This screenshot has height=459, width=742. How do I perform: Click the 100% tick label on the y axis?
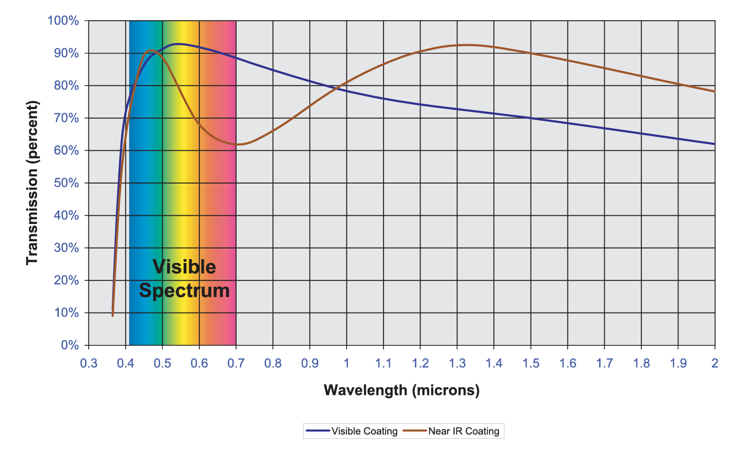pyautogui.click(x=63, y=21)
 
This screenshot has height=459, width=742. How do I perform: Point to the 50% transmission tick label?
pyautogui.click(x=66, y=183)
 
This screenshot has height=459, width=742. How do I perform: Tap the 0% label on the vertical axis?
pyautogui.click(x=69, y=345)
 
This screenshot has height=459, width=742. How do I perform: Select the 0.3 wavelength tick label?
pyautogui.click(x=89, y=363)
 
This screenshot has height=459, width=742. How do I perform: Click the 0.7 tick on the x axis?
pyautogui.click(x=236, y=363)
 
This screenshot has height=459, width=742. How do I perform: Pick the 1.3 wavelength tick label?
pyautogui.click(x=457, y=363)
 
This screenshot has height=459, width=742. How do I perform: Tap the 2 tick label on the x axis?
pyautogui.click(x=715, y=363)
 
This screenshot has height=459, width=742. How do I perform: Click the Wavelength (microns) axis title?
pyautogui.click(x=401, y=390)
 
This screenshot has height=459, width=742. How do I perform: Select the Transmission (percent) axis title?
pyautogui.click(x=32, y=183)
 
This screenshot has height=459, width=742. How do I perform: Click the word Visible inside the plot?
pyautogui.click(x=184, y=267)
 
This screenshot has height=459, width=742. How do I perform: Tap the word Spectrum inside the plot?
pyautogui.click(x=184, y=291)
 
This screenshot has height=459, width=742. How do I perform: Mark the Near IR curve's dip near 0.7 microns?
pyautogui.click(x=239, y=144)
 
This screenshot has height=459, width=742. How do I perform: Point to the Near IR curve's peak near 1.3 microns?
pyautogui.click(x=465, y=45)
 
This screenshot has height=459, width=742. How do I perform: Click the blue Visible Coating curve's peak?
pyautogui.click(x=178, y=44)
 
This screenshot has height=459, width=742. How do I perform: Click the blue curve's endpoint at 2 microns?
pyautogui.click(x=715, y=144)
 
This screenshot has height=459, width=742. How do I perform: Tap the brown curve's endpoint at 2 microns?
pyautogui.click(x=715, y=92)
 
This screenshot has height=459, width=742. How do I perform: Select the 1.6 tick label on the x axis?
pyautogui.click(x=568, y=363)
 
